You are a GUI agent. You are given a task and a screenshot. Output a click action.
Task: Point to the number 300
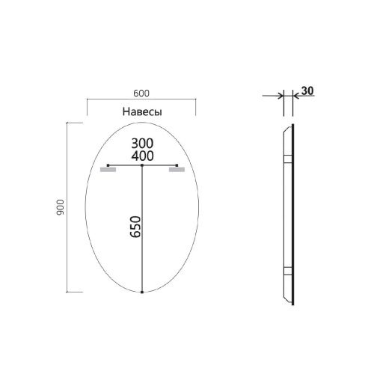[x=142, y=142]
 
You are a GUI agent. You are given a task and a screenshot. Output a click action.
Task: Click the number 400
[x=142, y=156]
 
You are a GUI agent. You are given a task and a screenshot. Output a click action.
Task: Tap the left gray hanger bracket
[x=108, y=170]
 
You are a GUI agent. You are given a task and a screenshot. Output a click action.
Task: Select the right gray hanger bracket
[x=177, y=170]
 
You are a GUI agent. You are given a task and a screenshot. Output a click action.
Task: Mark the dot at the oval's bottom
[x=142, y=292]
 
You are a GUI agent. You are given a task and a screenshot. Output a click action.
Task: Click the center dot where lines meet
[x=142, y=165]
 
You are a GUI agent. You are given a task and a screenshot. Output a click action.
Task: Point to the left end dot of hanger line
[x=108, y=165]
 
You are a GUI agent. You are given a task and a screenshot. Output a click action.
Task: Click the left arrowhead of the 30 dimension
[x=280, y=95]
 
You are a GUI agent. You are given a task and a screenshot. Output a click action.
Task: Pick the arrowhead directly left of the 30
[x=295, y=95]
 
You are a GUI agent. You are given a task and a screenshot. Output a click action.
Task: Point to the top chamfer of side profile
[x=286, y=129]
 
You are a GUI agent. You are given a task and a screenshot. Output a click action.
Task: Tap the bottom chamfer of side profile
[x=286, y=299]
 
